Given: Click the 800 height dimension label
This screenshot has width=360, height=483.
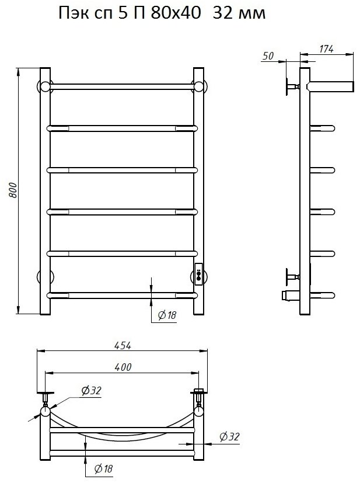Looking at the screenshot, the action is click(13, 190).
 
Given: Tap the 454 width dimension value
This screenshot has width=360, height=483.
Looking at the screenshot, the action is click(123, 346).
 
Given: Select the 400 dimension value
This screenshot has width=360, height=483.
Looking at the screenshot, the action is click(123, 367).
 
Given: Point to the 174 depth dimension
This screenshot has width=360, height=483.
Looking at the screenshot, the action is click(326, 48).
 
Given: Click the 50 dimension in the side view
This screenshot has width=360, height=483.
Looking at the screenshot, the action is click(268, 55).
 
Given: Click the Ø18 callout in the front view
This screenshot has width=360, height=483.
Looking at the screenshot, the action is click(167, 315).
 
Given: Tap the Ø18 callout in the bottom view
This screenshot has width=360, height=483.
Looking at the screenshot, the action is click(103, 469).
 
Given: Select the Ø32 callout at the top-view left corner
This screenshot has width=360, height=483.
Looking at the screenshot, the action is click(91, 391).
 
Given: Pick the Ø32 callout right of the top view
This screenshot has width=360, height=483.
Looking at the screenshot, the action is click(229, 436).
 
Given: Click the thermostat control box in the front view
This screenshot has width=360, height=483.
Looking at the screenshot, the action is click(198, 274).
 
